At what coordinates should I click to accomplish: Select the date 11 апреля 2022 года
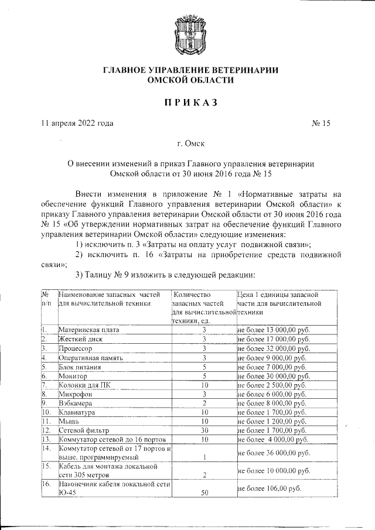(77, 124)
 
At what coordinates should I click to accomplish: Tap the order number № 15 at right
(321, 124)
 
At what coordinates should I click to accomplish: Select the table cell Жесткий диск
(80, 339)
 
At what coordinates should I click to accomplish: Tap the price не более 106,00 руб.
(270, 488)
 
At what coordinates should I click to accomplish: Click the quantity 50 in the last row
(205, 493)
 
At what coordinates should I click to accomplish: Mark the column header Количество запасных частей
(203, 307)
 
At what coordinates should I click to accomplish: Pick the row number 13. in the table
(47, 439)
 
